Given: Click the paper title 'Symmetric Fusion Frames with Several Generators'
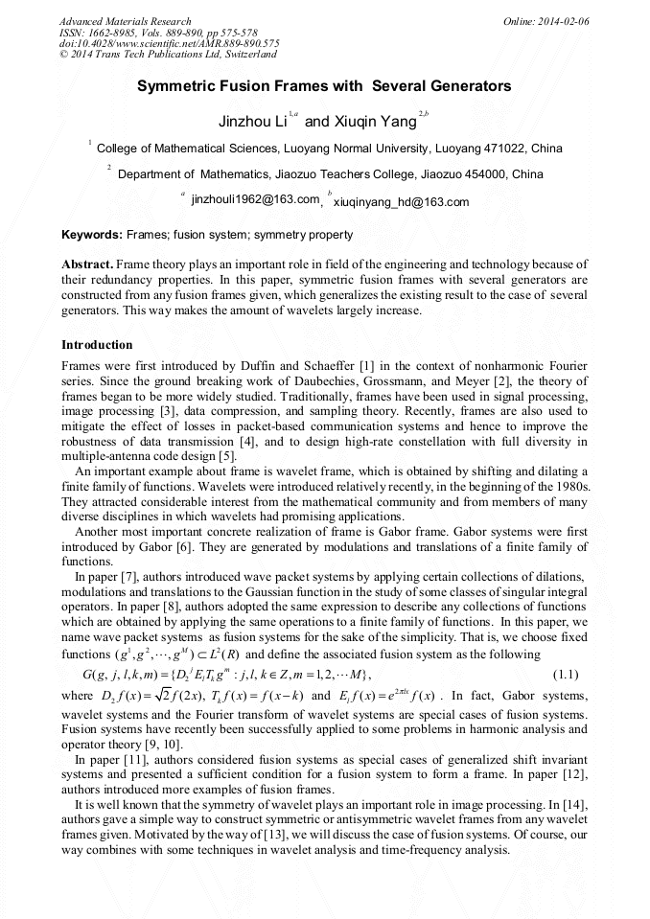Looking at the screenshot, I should [324, 86].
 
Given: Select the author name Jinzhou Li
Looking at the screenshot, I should [253, 122].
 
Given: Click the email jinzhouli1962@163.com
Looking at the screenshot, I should [255, 200].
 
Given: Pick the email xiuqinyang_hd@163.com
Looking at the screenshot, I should [401, 201].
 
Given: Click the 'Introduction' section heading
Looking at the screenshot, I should [97, 344].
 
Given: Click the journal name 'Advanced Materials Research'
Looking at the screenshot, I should [125, 21].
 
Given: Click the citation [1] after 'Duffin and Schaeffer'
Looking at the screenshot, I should [339, 367].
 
